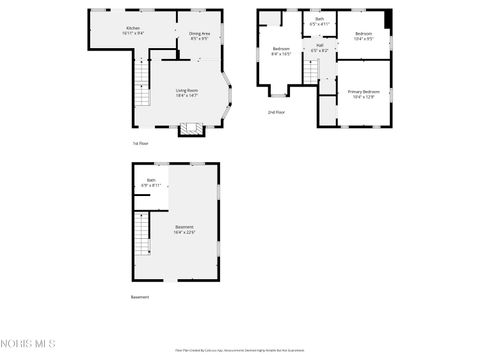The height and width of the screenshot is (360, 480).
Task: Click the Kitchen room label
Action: coord(134,30)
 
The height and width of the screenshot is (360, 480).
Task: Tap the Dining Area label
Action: coord(199,35)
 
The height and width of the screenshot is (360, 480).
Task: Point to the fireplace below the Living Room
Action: coord(190,128)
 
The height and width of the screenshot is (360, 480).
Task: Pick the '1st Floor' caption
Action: coord(140,144)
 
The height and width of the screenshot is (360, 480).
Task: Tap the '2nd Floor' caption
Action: coord(277,112)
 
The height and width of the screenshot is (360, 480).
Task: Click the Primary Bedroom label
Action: coord(363,94)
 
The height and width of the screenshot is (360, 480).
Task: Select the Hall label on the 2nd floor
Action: coord(319,47)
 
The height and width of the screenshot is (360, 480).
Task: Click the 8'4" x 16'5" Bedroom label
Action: coord(282,52)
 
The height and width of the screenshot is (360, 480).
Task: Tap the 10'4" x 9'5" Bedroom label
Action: coord(363,36)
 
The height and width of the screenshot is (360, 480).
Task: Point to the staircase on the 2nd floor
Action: coord(310,72)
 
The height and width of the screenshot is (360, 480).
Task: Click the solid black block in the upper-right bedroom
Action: coord(389,21)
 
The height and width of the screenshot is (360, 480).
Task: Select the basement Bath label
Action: coord(150,183)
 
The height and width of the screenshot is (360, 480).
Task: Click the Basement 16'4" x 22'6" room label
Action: coord(185,229)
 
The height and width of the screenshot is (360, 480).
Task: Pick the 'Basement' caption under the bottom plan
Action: coord(141,297)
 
